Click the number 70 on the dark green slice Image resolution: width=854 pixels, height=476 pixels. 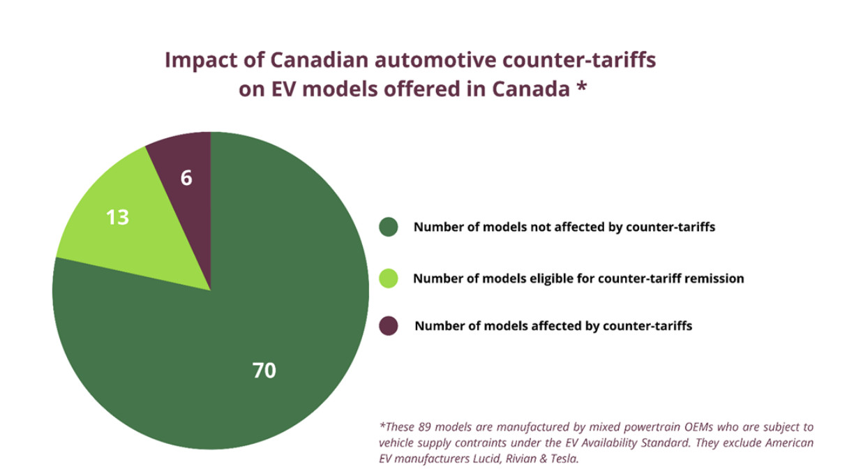pyautogui.click(x=264, y=371)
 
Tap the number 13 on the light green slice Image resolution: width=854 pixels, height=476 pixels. pyautogui.click(x=117, y=218)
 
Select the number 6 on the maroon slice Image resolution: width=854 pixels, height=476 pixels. pyautogui.click(x=186, y=178)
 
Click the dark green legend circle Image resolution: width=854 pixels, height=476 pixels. pyautogui.click(x=388, y=227)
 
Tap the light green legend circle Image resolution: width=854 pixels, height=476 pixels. pyautogui.click(x=388, y=278)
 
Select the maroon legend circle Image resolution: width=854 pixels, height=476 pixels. pyautogui.click(x=388, y=325)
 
